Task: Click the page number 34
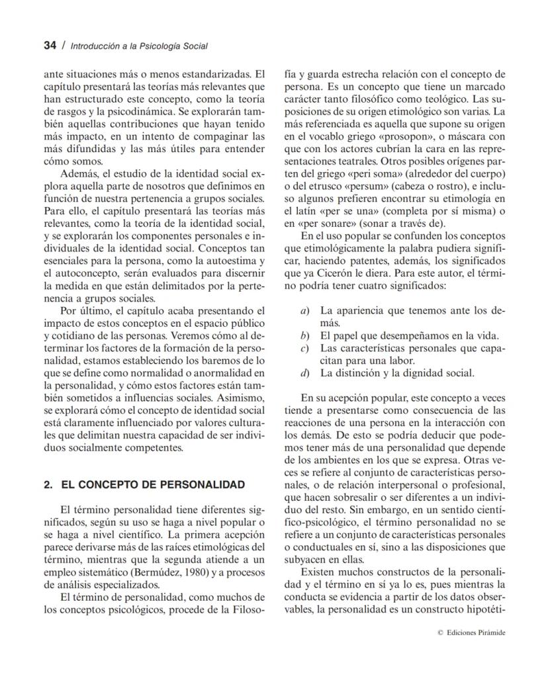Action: point(50,46)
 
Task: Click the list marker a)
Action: point(304,310)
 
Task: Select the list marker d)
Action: point(304,372)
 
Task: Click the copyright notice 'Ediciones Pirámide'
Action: point(476,632)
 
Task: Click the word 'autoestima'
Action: point(230,261)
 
